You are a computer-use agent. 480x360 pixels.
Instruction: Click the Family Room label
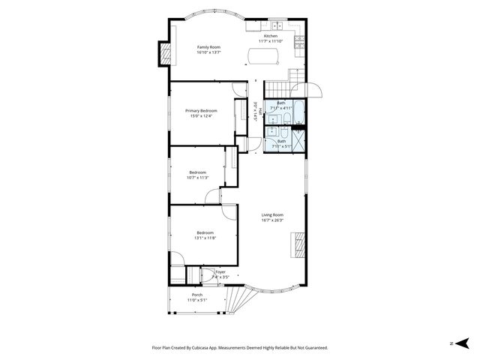click(x=208, y=47)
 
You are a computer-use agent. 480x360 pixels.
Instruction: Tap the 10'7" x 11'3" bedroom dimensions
click(x=197, y=177)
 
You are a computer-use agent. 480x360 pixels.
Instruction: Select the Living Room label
click(x=271, y=215)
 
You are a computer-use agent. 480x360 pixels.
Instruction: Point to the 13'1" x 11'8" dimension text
click(x=206, y=238)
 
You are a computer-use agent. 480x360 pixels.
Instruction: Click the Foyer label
click(x=220, y=271)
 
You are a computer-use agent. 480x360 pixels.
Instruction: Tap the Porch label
click(x=197, y=295)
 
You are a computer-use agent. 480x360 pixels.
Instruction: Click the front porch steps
click(x=237, y=301)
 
